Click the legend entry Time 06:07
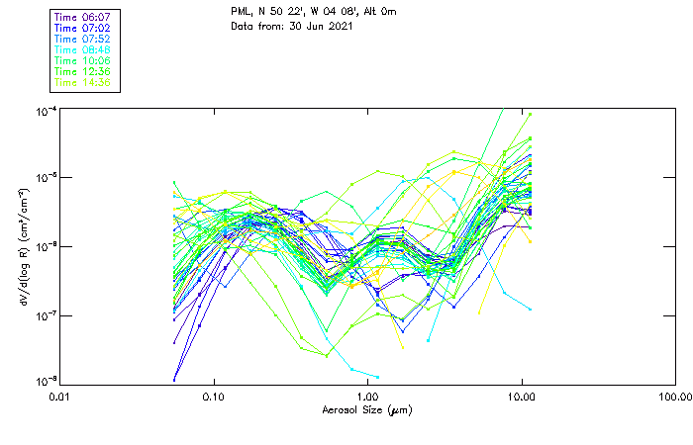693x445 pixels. coord(83,18)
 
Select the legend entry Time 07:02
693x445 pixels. coord(83,29)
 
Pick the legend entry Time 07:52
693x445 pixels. coord(83,40)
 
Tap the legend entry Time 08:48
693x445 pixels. coord(83,50)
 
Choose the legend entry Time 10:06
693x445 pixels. coord(83,61)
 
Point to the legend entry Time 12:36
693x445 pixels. coord(83,72)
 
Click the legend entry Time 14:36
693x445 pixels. coord(83,83)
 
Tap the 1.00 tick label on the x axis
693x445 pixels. coord(367,397)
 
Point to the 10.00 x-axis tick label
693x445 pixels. coord(521,397)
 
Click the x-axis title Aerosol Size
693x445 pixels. coord(366,409)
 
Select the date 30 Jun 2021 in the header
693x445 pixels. coord(319,26)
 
